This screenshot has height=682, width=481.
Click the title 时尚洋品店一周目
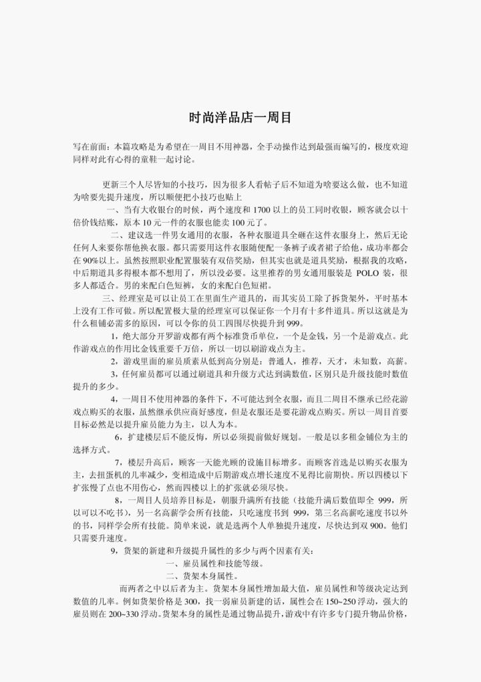tap(240, 118)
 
